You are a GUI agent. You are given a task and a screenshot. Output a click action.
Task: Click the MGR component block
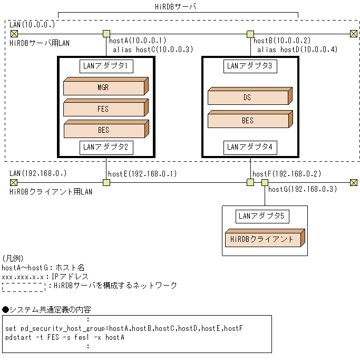(104, 87)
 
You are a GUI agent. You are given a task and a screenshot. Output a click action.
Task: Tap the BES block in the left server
(104, 130)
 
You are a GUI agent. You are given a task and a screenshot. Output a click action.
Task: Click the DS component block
(248, 97)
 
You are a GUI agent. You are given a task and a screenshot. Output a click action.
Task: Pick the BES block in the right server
(248, 120)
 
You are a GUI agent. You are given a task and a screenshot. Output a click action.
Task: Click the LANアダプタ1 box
(106, 66)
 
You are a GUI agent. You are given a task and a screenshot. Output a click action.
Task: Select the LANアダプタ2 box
(106, 147)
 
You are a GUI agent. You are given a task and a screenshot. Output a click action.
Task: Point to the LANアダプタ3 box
(250, 66)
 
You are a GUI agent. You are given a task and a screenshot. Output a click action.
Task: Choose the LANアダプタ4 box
(250, 147)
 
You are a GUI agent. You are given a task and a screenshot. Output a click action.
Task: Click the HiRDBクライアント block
(264, 239)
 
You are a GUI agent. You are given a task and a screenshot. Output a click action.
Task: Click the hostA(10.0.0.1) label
(138, 41)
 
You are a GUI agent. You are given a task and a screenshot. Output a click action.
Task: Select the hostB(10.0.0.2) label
(282, 41)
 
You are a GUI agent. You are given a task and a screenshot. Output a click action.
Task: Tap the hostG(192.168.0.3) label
(303, 190)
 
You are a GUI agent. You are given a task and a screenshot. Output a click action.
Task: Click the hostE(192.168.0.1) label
(142, 174)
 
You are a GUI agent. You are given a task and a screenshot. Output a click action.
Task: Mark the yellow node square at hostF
(250, 182)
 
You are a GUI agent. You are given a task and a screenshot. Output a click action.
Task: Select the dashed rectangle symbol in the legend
(23, 287)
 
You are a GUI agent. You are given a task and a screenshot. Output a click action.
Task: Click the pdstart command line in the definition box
(65, 337)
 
